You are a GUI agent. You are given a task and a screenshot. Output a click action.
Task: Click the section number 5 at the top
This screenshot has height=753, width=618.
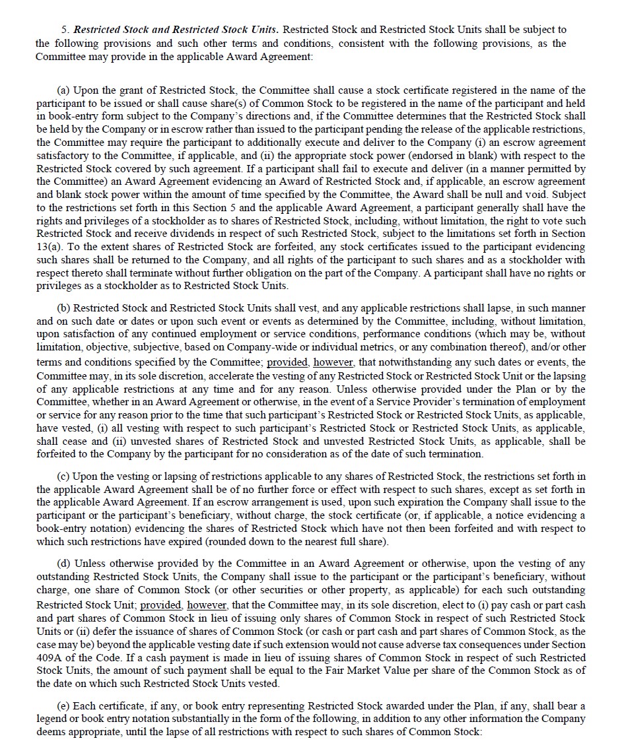(x=65, y=30)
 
